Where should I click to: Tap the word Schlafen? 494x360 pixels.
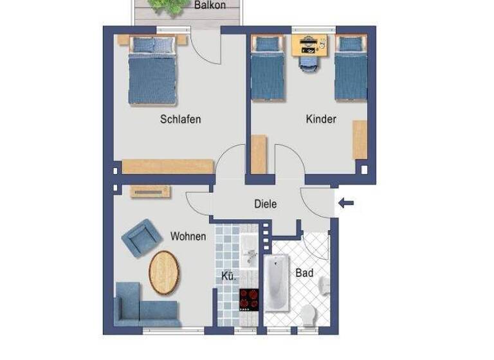[180, 119]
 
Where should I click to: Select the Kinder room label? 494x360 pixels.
[321, 119]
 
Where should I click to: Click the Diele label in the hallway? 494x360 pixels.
[266, 204]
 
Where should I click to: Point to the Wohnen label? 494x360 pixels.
[188, 237]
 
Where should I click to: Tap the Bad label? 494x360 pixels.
[304, 273]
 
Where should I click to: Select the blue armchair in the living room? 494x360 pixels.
[142, 237]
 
